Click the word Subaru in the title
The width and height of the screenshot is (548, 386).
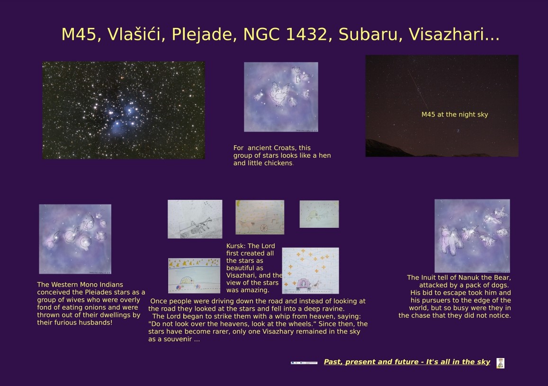[368, 34]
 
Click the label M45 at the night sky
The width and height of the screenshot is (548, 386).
[454, 114]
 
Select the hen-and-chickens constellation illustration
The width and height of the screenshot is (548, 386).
[281, 97]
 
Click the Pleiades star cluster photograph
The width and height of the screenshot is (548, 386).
[124, 110]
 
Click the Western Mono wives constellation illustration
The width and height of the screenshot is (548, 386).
[75, 239]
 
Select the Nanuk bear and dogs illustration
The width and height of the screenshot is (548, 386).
[472, 236]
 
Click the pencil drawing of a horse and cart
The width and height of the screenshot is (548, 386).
[195, 219]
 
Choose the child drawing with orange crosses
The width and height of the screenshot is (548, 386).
[310, 271]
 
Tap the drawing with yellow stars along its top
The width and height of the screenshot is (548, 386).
[194, 276]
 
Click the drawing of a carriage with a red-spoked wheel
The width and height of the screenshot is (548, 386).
[260, 217]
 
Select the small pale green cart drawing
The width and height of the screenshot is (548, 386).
[319, 214]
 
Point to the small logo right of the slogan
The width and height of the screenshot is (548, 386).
[501, 363]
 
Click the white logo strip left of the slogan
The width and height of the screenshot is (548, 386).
[304, 363]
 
